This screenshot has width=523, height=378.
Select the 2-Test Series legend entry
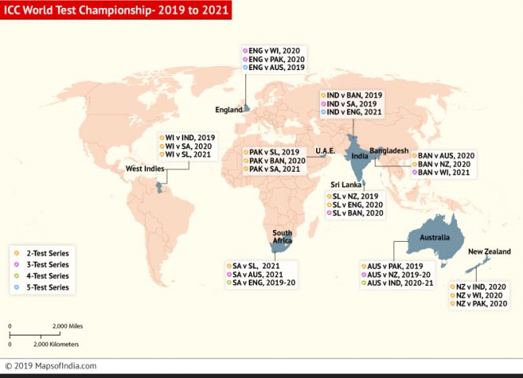42,254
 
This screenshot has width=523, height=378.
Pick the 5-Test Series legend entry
42,288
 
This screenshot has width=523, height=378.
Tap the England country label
229,110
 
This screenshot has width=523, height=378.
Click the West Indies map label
145,169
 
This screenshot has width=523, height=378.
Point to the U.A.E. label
326,150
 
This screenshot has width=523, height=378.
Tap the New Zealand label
489,251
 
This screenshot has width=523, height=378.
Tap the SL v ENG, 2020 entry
358,203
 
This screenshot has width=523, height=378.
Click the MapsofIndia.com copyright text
51,365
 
